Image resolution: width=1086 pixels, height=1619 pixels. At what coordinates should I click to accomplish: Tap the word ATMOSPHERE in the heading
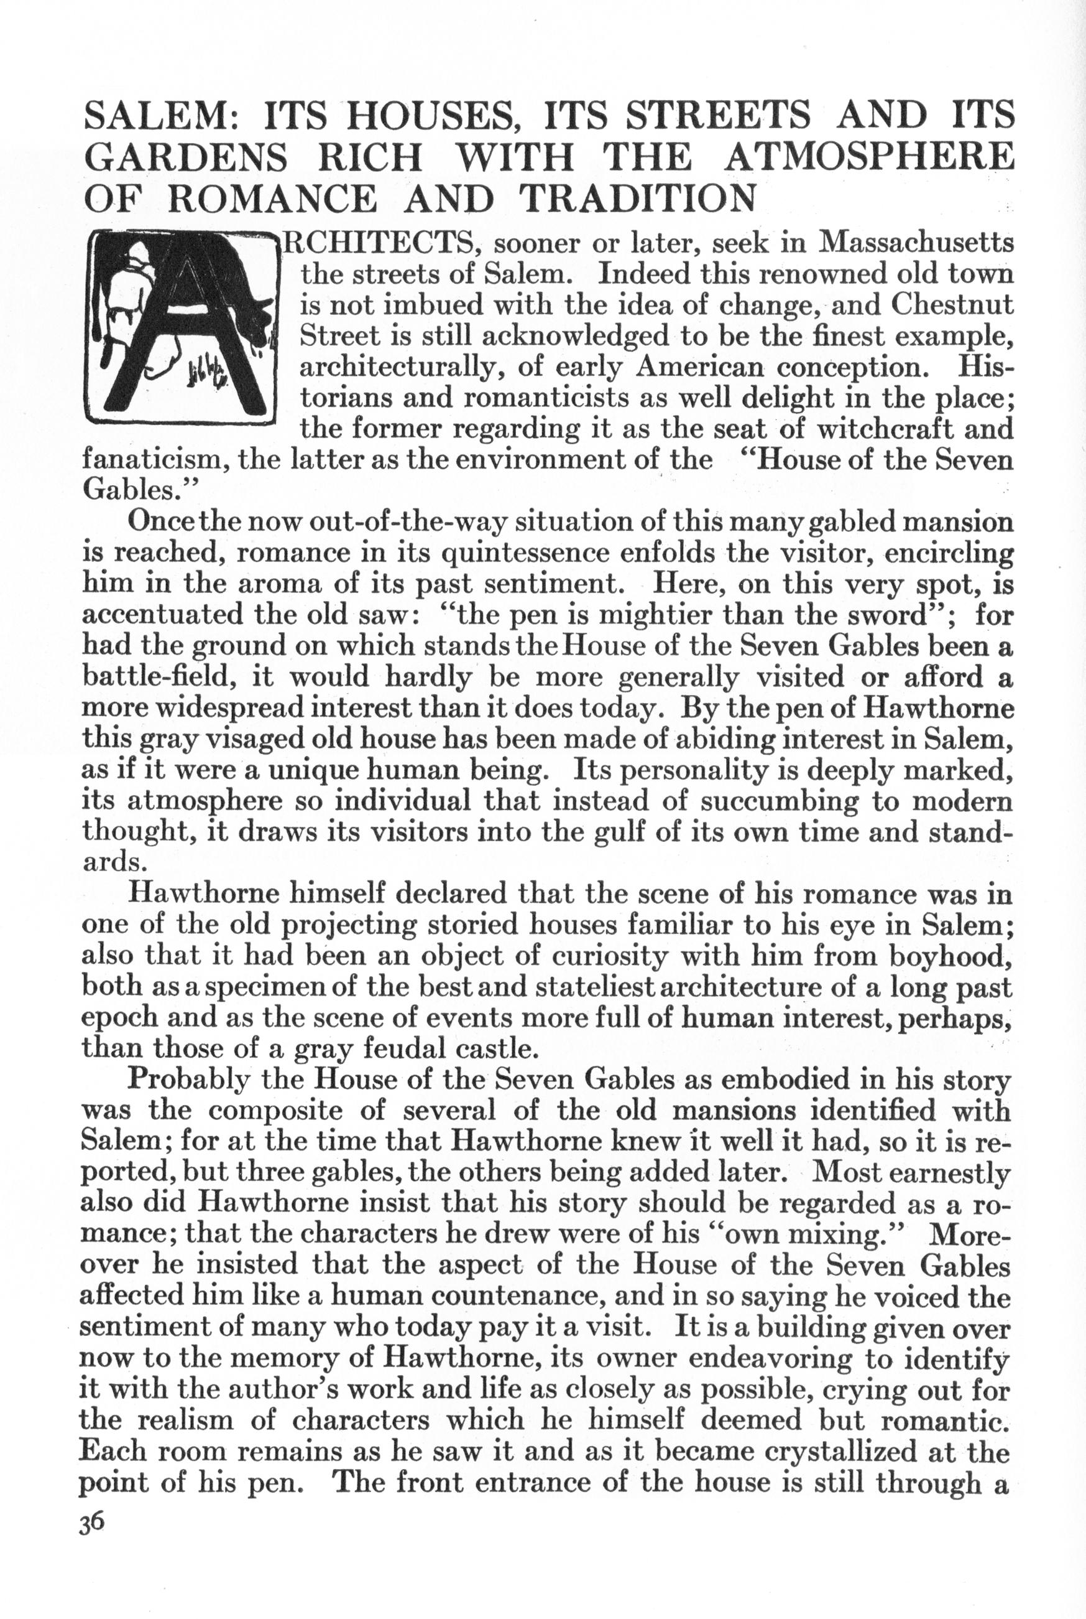click(x=868, y=159)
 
